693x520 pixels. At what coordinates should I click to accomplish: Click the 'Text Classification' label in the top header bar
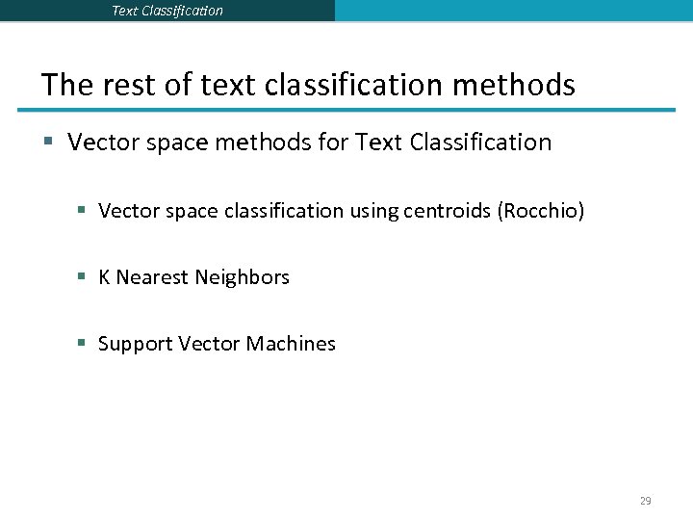[167, 11]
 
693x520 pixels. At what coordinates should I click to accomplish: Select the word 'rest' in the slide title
[128, 85]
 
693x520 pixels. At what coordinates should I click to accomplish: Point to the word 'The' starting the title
[66, 85]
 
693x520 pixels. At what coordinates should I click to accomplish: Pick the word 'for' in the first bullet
[331, 143]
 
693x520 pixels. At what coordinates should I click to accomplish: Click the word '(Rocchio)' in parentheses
[540, 210]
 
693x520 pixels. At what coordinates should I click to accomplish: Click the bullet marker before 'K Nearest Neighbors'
[83, 277]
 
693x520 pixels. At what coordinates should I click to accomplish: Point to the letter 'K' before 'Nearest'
[104, 277]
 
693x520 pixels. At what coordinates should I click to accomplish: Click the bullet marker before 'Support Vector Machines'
[83, 344]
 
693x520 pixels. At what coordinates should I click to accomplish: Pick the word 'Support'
[136, 344]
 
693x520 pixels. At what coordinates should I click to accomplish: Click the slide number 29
[645, 501]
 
